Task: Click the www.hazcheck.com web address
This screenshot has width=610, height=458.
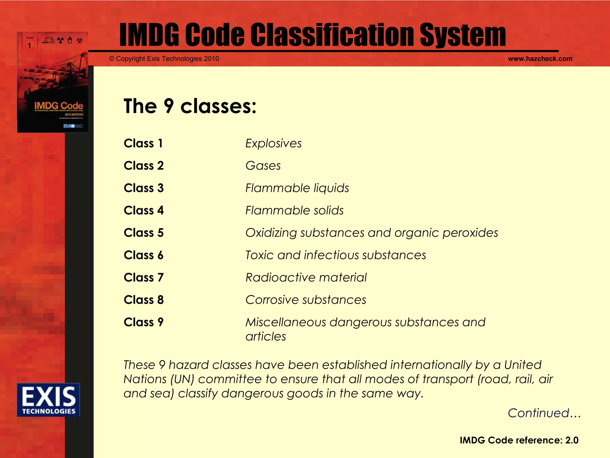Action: tap(540, 59)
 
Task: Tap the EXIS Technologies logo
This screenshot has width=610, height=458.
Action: tap(49, 400)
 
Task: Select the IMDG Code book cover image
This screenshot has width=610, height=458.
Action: tap(52, 82)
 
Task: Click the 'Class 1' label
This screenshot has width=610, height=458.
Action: tap(143, 143)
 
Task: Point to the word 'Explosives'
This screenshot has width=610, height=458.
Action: tap(273, 143)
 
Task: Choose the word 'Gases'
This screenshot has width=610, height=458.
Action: tap(263, 166)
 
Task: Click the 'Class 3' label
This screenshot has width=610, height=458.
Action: tap(144, 188)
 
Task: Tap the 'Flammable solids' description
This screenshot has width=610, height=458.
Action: tap(294, 211)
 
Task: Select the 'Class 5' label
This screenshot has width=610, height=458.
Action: tap(144, 233)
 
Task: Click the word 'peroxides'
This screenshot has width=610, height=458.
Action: tap(470, 233)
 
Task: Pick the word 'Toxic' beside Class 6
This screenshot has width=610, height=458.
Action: tap(259, 255)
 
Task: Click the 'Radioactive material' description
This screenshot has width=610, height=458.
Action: tap(306, 278)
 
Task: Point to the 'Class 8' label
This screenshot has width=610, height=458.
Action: tap(144, 300)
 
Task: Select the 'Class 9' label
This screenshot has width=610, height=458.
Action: tap(144, 322)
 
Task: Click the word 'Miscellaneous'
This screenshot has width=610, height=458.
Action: tap(286, 322)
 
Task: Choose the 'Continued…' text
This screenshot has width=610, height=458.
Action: tap(544, 413)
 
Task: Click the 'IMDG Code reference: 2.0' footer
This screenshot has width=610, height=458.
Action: tap(519, 440)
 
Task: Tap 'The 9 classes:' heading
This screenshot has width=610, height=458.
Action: tap(190, 106)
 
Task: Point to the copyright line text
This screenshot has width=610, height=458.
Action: tap(164, 59)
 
